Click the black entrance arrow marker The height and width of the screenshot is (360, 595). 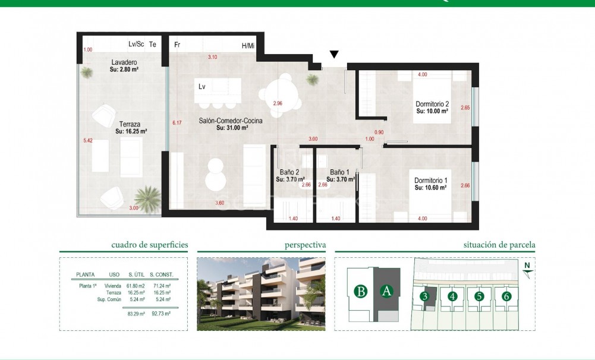click(x=334, y=55)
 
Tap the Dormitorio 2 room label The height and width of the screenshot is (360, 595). click(x=432, y=105)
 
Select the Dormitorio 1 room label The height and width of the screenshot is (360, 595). click(x=431, y=181)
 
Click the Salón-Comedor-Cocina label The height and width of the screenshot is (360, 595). click(x=231, y=121)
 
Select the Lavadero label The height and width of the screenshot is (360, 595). click(x=124, y=62)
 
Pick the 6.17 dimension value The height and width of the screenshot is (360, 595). click(x=176, y=122)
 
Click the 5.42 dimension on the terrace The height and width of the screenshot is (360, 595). click(x=88, y=141)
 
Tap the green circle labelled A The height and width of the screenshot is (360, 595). click(x=386, y=291)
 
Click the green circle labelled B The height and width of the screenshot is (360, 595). click(x=360, y=291)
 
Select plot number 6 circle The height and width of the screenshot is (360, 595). click(x=506, y=296)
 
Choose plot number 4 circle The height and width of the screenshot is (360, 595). click(x=453, y=296)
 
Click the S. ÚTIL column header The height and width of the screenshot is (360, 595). click(x=138, y=275)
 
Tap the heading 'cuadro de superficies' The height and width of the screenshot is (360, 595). click(x=150, y=245)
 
